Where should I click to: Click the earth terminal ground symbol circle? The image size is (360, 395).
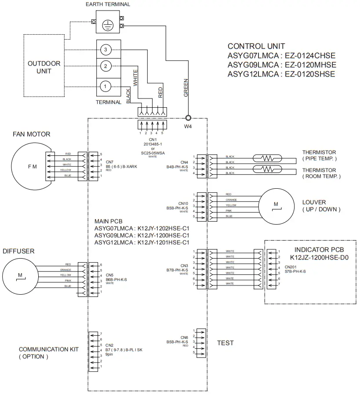click(105, 25)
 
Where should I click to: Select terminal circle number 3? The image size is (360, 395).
click(105, 49)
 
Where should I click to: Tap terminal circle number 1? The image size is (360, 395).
click(105, 86)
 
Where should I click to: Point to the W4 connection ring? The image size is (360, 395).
click(189, 118)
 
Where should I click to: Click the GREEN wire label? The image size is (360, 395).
click(186, 88)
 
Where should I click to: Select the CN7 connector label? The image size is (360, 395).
click(109, 162)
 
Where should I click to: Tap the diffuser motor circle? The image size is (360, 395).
click(20, 276)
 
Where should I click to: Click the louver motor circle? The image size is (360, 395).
click(276, 205)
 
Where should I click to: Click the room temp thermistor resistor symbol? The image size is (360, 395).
click(267, 170)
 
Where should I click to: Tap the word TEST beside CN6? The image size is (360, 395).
click(225, 343)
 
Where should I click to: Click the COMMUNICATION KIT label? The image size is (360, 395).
click(48, 349)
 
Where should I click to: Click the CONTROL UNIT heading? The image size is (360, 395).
click(256, 46)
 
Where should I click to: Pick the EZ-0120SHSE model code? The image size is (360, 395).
click(310, 74)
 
